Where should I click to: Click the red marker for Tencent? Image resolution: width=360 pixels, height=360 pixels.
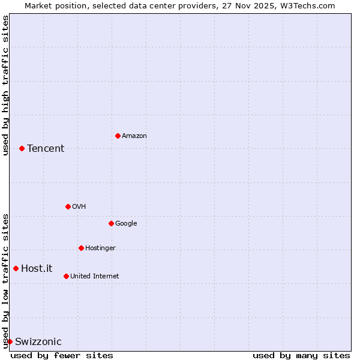[22, 148]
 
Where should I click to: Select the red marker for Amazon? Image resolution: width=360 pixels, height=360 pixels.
[118, 136]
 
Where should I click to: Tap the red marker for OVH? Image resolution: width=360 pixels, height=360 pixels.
[68, 206]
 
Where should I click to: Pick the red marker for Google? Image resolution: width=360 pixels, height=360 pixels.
[111, 223]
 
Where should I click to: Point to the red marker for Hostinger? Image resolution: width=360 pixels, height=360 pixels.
[81, 248]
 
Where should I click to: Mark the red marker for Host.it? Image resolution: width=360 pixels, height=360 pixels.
[16, 268]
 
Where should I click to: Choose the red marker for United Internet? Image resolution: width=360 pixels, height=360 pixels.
[66, 276]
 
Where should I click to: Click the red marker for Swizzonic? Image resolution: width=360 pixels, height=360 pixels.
[10, 341]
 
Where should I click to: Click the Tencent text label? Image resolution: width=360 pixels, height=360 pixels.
[46, 149]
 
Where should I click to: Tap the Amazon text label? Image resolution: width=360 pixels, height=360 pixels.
[134, 136]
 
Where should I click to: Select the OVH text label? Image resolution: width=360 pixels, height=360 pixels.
[79, 207]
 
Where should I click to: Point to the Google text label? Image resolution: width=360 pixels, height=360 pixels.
[126, 224]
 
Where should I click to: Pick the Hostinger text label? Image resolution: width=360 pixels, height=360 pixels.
[100, 248]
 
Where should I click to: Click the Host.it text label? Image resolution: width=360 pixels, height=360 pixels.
[37, 269]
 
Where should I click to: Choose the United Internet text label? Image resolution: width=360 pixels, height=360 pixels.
[94, 277]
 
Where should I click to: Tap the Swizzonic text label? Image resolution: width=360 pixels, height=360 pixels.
[38, 342]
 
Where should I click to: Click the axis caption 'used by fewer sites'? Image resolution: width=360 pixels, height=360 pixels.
[62, 355]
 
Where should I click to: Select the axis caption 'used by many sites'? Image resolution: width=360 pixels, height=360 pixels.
[301, 355]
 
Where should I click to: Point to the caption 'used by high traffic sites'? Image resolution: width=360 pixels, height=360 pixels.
[5, 85]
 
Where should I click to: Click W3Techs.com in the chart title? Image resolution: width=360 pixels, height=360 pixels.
[305, 5]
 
